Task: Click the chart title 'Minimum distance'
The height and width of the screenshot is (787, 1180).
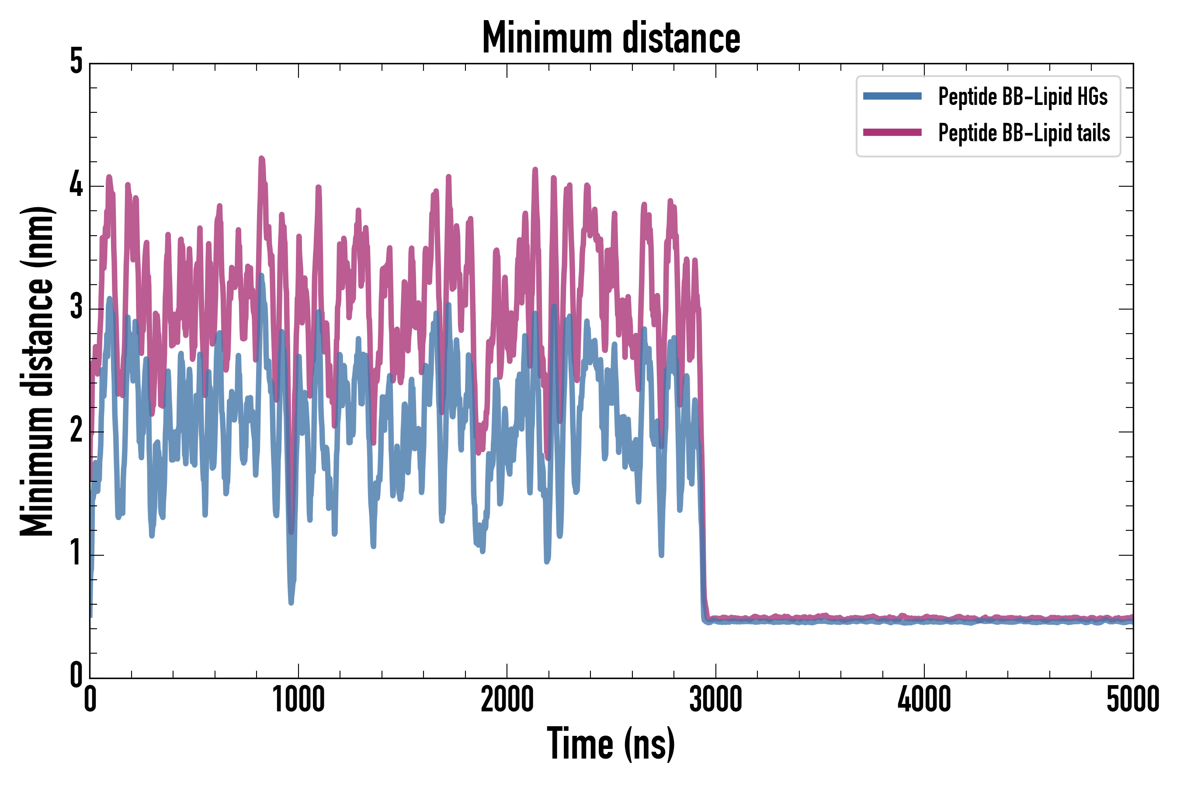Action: (611, 38)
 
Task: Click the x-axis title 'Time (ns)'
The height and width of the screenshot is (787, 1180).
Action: (611, 744)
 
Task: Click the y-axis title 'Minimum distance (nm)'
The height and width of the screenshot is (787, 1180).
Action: (37, 371)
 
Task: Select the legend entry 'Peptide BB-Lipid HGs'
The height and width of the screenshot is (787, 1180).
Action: (1023, 96)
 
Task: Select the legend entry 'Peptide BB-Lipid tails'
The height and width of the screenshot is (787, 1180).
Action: (1024, 133)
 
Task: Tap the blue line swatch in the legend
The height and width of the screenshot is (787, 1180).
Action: (892, 96)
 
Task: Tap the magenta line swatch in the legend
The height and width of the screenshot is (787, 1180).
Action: (892, 132)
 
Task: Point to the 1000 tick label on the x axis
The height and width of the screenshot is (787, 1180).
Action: (298, 700)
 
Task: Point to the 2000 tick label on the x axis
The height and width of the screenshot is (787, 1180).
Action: (507, 700)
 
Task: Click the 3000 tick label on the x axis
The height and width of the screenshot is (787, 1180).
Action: (715, 700)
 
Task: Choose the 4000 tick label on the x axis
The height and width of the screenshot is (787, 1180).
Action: (924, 700)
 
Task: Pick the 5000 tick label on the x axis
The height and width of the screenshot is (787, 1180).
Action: (1132, 700)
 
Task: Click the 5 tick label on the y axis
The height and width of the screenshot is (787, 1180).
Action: (76, 62)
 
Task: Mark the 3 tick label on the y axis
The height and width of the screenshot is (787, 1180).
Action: (76, 308)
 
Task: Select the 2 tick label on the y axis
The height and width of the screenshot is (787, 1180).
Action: (76, 431)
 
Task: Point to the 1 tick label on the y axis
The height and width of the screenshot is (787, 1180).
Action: (76, 554)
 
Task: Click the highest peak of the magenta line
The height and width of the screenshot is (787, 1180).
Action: (261, 159)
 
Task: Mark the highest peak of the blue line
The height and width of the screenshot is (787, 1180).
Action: (261, 275)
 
